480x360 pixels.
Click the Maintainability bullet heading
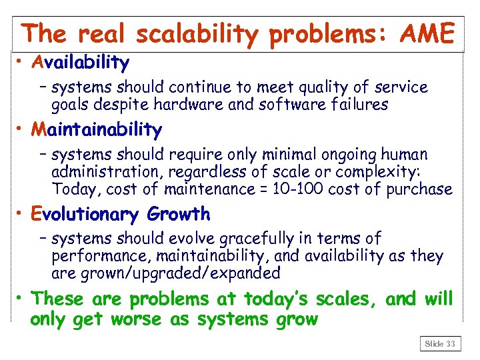(x=96, y=129)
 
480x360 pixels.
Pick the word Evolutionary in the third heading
(x=85, y=214)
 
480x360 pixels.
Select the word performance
(x=91, y=256)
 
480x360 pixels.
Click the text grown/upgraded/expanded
(x=165, y=273)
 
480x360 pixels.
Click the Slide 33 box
(x=440, y=344)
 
